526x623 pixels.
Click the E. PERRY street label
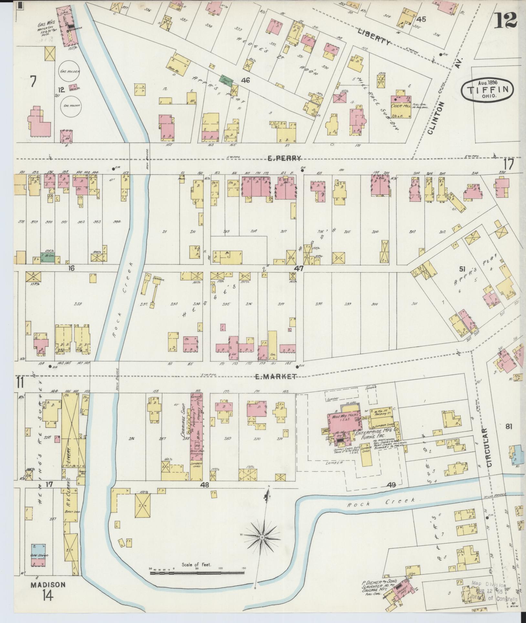[284, 158]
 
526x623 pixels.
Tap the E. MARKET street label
[280, 376]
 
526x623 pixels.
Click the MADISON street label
[48, 585]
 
